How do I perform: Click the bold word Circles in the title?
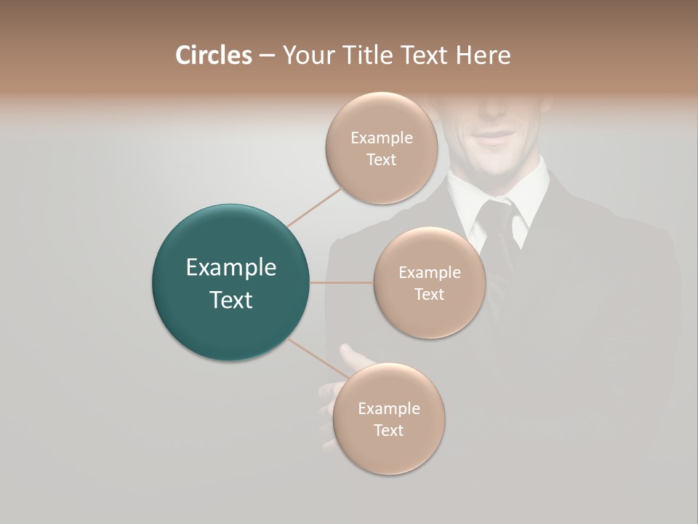point(213,55)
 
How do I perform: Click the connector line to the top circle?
point(314,207)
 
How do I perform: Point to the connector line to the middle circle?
point(342,282)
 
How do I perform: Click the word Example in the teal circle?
point(231,268)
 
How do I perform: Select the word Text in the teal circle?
point(231,300)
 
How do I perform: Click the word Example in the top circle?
point(382,138)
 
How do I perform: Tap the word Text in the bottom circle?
point(389,430)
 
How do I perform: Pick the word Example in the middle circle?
point(430,273)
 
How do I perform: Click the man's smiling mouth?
point(496,137)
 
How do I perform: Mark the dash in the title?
point(267,56)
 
